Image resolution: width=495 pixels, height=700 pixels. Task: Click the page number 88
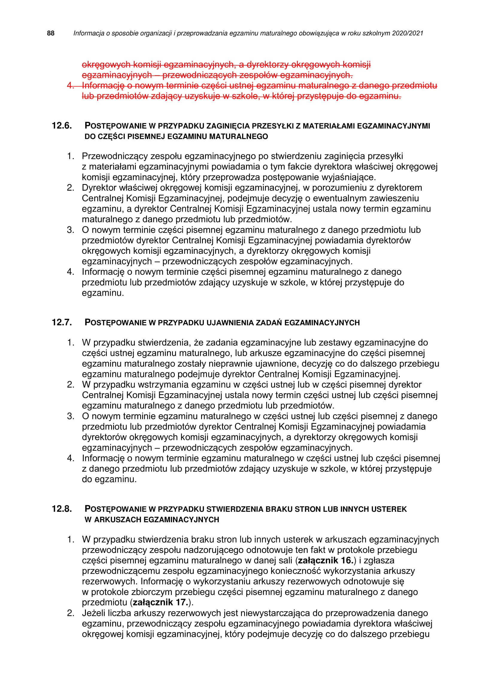pos(51,33)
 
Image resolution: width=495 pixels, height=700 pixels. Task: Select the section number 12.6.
pos(62,126)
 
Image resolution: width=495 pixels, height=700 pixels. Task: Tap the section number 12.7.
pos(62,322)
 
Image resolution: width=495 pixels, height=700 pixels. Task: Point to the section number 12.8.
pos(62,509)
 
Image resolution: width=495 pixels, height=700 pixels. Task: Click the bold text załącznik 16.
pos(325,560)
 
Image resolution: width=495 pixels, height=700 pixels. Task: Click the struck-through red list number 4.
pos(70,85)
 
